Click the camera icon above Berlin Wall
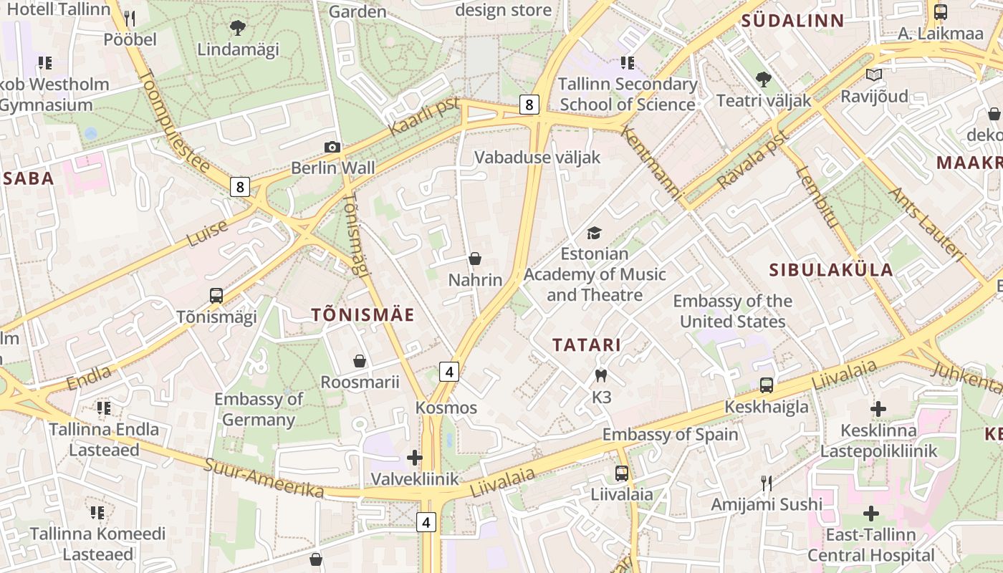point(332,148)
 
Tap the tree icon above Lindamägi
point(238,28)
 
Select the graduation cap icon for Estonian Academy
point(594,233)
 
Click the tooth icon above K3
point(601,375)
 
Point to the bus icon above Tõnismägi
point(216,295)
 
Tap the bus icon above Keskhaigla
point(767,385)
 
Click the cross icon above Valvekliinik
point(415,457)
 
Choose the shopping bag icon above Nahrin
point(474,259)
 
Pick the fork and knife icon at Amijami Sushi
point(767,483)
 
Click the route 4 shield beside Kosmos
point(449,372)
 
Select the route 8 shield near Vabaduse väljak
point(529,105)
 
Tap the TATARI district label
point(587,345)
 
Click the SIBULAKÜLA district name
point(831,270)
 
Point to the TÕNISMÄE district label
point(363,314)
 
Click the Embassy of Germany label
point(259,409)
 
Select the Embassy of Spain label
point(670,434)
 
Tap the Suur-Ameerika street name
point(264,478)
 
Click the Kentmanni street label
point(651,163)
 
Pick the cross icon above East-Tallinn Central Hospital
point(871,514)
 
